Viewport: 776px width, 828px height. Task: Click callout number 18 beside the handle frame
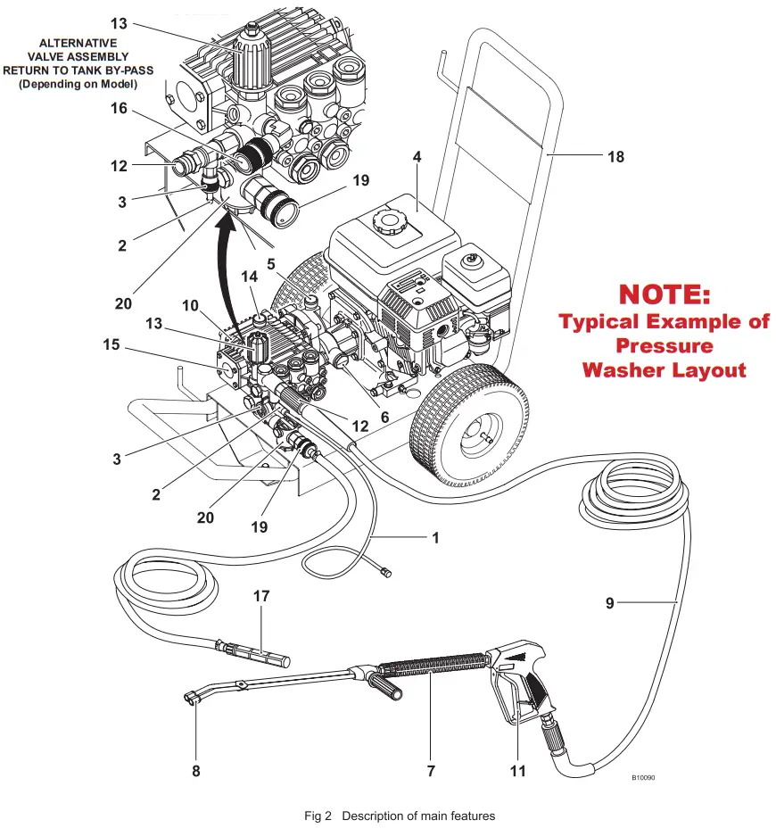pyautogui.click(x=615, y=157)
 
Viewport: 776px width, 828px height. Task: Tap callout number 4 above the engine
pyautogui.click(x=417, y=157)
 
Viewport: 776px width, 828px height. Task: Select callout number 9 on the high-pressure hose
pyautogui.click(x=610, y=604)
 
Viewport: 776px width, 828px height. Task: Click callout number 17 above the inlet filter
pyautogui.click(x=261, y=595)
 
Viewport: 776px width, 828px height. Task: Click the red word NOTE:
pyautogui.click(x=665, y=295)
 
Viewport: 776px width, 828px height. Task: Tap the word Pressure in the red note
pyautogui.click(x=665, y=345)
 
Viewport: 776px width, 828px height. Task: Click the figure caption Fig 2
pyautogui.click(x=318, y=816)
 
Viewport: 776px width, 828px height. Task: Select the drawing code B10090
pyautogui.click(x=644, y=777)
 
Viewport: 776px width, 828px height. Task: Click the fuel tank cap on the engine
pyautogui.click(x=389, y=219)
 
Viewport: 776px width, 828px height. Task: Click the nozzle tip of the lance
pyautogui.click(x=190, y=698)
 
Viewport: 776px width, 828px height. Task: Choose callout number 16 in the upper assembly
pyautogui.click(x=119, y=109)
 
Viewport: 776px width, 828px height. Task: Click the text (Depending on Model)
pyautogui.click(x=78, y=84)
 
